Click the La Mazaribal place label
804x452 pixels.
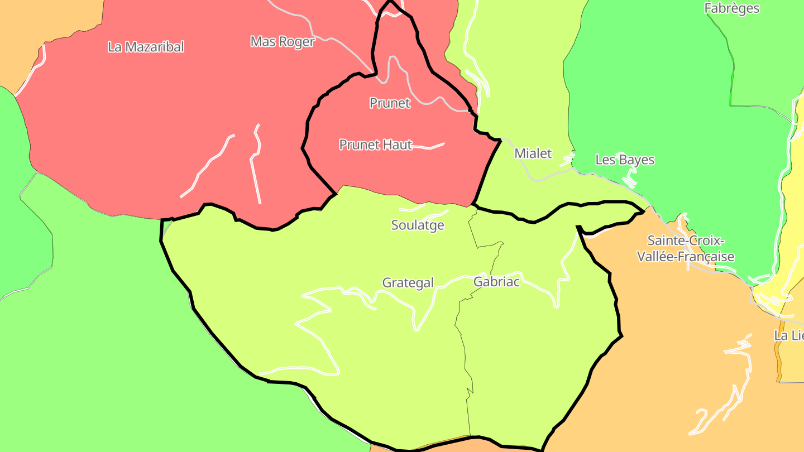click(x=146, y=47)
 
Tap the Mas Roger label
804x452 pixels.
click(x=283, y=42)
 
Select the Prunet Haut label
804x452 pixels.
click(x=376, y=145)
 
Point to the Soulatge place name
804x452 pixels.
click(x=418, y=225)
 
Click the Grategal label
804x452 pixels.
click(x=408, y=283)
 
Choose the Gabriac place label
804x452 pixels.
click(x=496, y=282)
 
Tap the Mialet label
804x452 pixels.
click(x=533, y=153)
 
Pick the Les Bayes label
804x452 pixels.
click(x=625, y=160)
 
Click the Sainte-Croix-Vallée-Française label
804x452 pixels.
click(x=691, y=249)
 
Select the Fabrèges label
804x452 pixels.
click(x=731, y=8)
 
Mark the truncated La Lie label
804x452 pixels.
click(x=788, y=336)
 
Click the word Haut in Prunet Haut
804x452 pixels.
click(x=398, y=145)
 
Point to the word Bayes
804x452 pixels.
click(x=636, y=160)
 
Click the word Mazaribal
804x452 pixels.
click(x=154, y=47)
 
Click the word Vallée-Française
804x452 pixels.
click(x=691, y=257)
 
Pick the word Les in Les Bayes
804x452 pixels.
click(x=605, y=160)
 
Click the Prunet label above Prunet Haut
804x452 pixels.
click(x=390, y=103)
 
